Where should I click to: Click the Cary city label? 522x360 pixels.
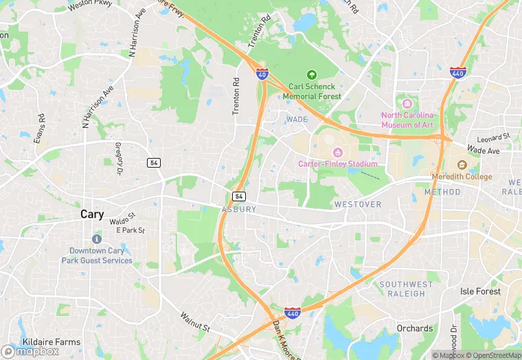[92, 214]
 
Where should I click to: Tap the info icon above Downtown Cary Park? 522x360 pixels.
[96, 238]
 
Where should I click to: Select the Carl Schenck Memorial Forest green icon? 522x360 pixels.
[311, 74]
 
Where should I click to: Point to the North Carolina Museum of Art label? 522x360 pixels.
[407, 120]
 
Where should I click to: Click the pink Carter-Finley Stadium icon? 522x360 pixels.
[337, 153]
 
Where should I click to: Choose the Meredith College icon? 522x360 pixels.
[462, 165]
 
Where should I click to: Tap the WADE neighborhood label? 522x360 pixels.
[297, 120]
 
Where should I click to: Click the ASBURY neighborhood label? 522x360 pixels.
[239, 209]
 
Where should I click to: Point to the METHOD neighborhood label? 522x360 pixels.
[442, 192]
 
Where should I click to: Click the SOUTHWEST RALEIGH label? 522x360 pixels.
[407, 289]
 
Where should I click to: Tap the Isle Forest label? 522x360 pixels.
[480, 291]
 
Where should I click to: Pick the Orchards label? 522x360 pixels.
[415, 328]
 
